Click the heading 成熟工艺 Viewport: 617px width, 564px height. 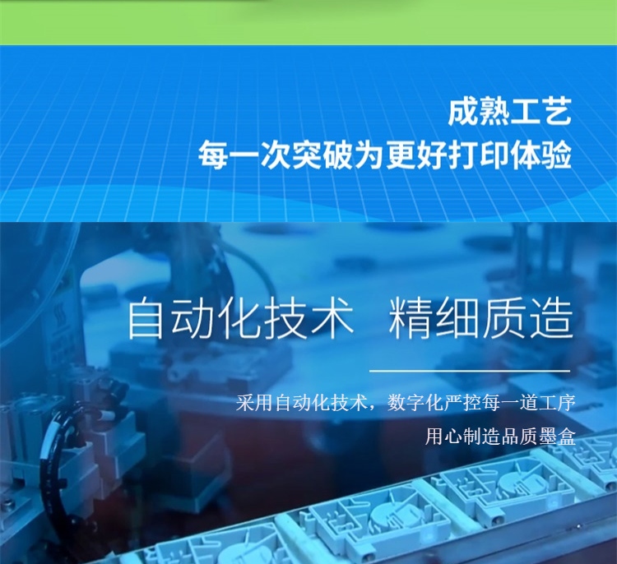(509, 113)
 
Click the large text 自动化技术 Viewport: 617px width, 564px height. (239, 319)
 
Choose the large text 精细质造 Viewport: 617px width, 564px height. (481, 319)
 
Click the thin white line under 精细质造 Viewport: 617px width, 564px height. (470, 371)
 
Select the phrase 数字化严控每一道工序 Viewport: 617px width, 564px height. (481, 403)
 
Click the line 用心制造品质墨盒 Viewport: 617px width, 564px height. (500, 437)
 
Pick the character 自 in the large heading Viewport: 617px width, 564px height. (146, 319)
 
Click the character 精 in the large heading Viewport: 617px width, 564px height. (410, 319)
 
